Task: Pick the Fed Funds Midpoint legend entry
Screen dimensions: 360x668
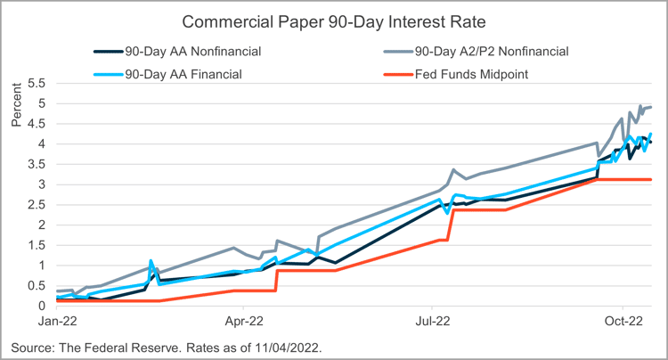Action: click(x=476, y=73)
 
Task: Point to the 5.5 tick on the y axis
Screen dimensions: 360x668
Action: click(x=36, y=83)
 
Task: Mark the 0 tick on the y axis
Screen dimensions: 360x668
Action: click(x=41, y=306)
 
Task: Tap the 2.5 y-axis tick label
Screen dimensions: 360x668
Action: click(x=36, y=204)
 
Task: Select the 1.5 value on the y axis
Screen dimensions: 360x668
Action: click(x=36, y=245)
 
